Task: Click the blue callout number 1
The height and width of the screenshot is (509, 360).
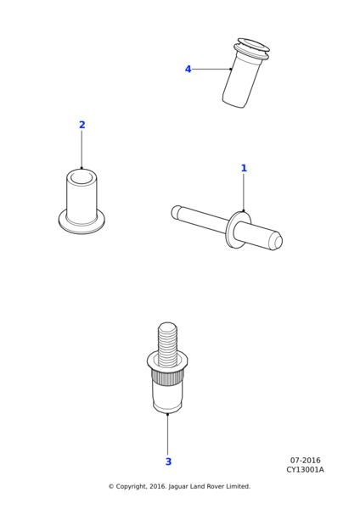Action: pyautogui.click(x=244, y=168)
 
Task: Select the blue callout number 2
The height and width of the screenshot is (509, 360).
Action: pyautogui.click(x=82, y=125)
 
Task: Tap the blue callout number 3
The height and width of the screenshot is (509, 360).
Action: pyautogui.click(x=168, y=461)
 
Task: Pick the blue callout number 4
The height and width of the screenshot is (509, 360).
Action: pyautogui.click(x=188, y=70)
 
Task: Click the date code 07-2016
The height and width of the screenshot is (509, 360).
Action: pyautogui.click(x=305, y=461)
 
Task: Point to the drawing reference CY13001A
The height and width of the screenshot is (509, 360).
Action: pyautogui.click(x=305, y=470)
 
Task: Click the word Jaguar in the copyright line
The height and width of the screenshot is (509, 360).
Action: pyautogui.click(x=178, y=487)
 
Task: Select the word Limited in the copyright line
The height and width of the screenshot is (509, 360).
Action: pyautogui.click(x=239, y=486)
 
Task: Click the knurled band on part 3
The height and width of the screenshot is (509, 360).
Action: pyautogui.click(x=167, y=378)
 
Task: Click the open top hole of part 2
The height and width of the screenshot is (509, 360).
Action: pyautogui.click(x=82, y=177)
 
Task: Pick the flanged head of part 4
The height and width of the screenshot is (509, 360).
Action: pyautogui.click(x=253, y=49)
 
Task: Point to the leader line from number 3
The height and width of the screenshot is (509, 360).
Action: pyautogui.click(x=167, y=434)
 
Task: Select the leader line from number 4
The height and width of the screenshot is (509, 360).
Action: pyautogui.click(x=211, y=69)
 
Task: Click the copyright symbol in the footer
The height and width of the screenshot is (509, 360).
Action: pyautogui.click(x=111, y=487)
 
